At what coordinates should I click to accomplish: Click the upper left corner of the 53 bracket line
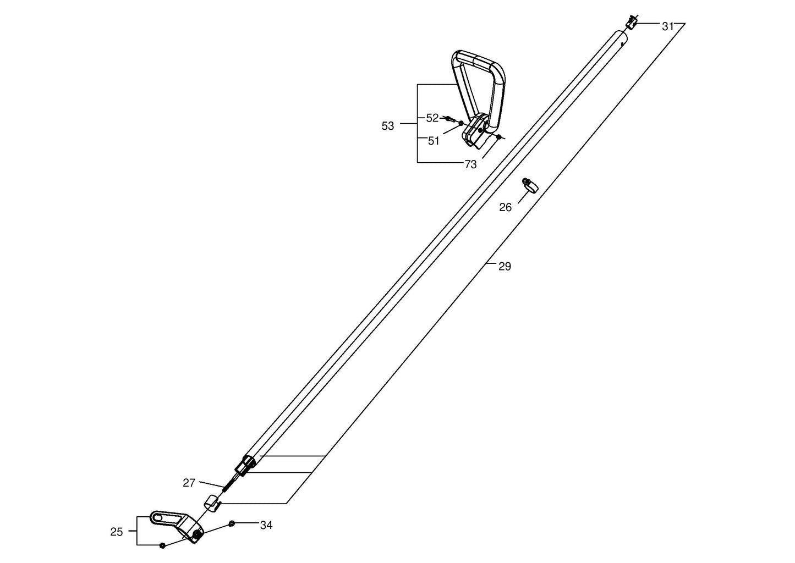418,85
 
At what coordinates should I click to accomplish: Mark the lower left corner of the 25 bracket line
137,544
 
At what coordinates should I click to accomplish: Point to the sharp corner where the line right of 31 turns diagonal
684,24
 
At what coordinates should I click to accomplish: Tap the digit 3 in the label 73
474,164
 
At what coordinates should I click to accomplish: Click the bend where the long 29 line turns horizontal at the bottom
287,504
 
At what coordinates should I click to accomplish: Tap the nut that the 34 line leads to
231,523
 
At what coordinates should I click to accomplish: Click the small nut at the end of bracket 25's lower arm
162,545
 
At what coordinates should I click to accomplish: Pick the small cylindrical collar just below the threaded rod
211,504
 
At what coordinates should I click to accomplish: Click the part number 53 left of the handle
387,126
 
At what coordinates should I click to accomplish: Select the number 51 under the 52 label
434,141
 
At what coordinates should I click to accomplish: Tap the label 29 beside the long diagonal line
505,267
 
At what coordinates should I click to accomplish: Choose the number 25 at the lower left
117,532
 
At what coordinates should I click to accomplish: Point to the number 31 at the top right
668,26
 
